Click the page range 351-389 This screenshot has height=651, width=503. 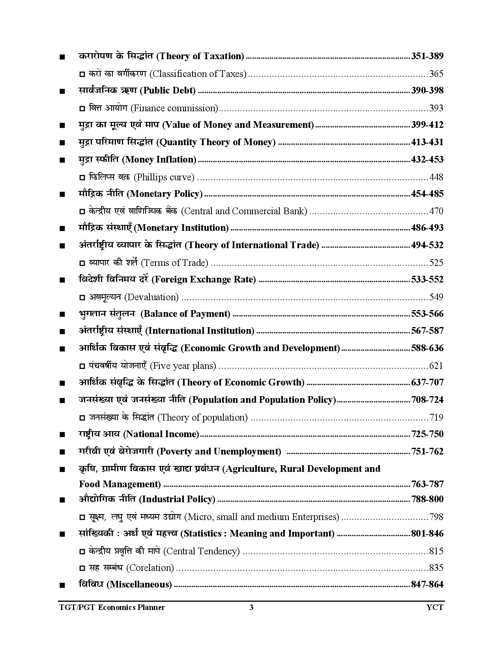coord(427,56)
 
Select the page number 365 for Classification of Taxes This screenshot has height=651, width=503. coord(436,74)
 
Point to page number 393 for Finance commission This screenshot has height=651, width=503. coord(436,108)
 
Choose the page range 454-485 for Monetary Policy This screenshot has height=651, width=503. coord(427,194)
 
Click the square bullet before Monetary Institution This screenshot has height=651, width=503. coord(62,228)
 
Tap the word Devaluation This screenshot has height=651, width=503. coord(151,297)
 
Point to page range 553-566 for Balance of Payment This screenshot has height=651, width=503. coord(427,314)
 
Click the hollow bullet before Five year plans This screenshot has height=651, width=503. coord(82,367)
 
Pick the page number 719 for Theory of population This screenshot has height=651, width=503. coord(436,417)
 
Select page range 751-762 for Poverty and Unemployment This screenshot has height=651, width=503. coord(427,451)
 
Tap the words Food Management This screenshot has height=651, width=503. coord(120,484)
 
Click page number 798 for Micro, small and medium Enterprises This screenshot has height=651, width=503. coord(436,517)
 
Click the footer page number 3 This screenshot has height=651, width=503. coord(251,607)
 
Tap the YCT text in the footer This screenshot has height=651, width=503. coord(435,607)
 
